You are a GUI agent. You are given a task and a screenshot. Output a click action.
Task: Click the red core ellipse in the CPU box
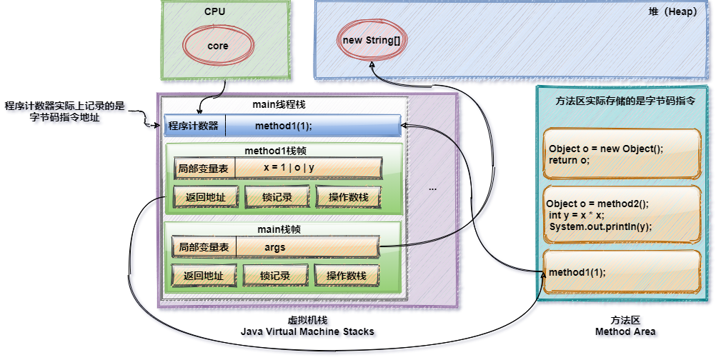218,46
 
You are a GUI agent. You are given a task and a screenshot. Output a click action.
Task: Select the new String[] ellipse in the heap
372,40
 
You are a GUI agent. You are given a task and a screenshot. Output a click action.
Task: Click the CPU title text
215,11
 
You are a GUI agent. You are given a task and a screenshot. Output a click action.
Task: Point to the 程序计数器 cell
194,126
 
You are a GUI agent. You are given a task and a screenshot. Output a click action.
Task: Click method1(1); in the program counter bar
284,126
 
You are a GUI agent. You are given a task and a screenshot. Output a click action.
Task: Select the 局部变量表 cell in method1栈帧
204,169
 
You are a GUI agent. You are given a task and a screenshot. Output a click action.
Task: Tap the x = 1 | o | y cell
289,169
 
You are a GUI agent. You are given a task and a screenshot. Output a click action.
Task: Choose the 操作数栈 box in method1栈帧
348,197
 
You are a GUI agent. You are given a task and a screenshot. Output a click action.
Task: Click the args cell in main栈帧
274,247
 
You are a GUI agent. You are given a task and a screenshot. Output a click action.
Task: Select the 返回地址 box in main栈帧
204,276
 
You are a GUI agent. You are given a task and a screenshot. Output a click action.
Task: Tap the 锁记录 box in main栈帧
275,276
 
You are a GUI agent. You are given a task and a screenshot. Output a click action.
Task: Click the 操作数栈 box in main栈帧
346,276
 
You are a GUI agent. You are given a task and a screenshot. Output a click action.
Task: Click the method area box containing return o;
620,154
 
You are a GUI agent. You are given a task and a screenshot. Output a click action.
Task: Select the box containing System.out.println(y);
620,214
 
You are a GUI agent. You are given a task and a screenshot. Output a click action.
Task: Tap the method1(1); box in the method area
620,272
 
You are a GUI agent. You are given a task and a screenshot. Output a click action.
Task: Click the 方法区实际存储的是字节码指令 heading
625,101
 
